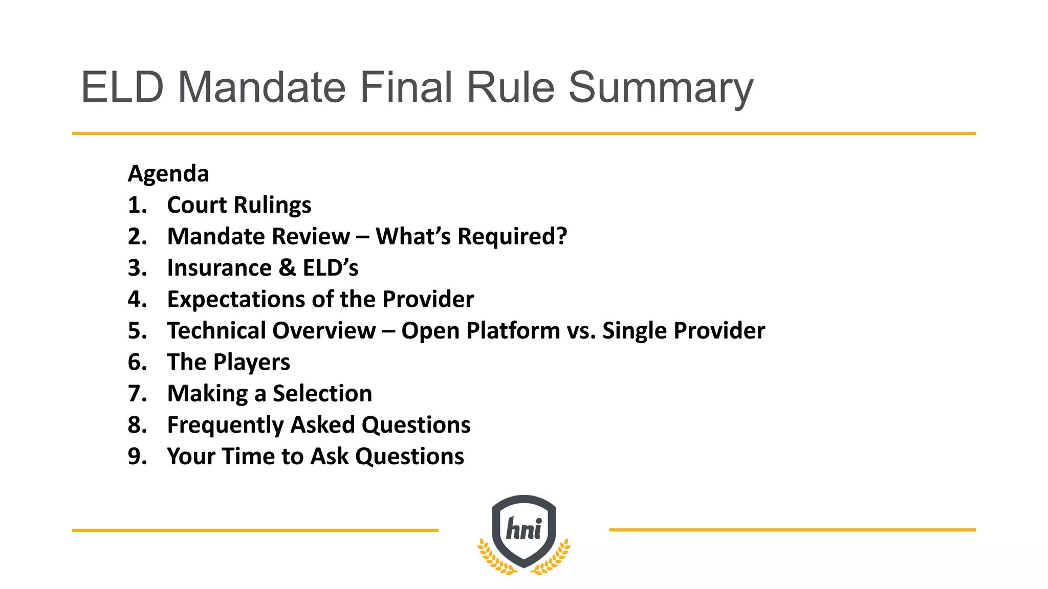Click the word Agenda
click(x=168, y=174)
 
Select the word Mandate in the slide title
click(x=262, y=87)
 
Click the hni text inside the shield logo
click(x=523, y=529)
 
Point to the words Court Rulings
click(x=239, y=206)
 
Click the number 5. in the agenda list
click(x=137, y=331)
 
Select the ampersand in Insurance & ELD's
click(x=287, y=268)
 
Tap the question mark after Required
click(x=562, y=236)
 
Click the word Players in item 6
click(x=251, y=363)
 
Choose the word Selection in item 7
click(x=322, y=394)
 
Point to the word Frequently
click(x=225, y=425)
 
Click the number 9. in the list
click(x=137, y=457)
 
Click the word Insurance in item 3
click(x=220, y=268)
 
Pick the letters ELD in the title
click(x=122, y=87)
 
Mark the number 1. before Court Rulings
click(x=137, y=206)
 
